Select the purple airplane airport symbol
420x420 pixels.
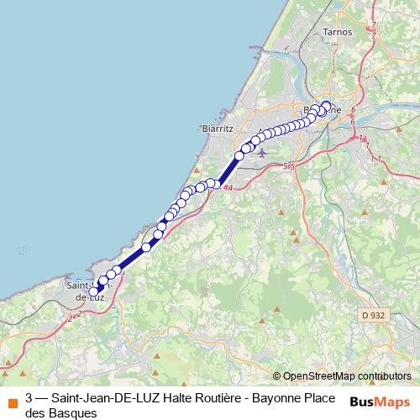click(261, 153)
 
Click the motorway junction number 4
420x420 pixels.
click(229, 187)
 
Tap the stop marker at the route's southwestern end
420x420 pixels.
click(95, 292)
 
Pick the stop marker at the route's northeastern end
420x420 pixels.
click(326, 106)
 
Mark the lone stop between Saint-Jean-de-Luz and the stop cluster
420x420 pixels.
click(146, 246)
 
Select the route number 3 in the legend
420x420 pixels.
click(29, 398)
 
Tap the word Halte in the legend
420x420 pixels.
click(182, 398)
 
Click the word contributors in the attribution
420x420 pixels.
click(386, 376)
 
